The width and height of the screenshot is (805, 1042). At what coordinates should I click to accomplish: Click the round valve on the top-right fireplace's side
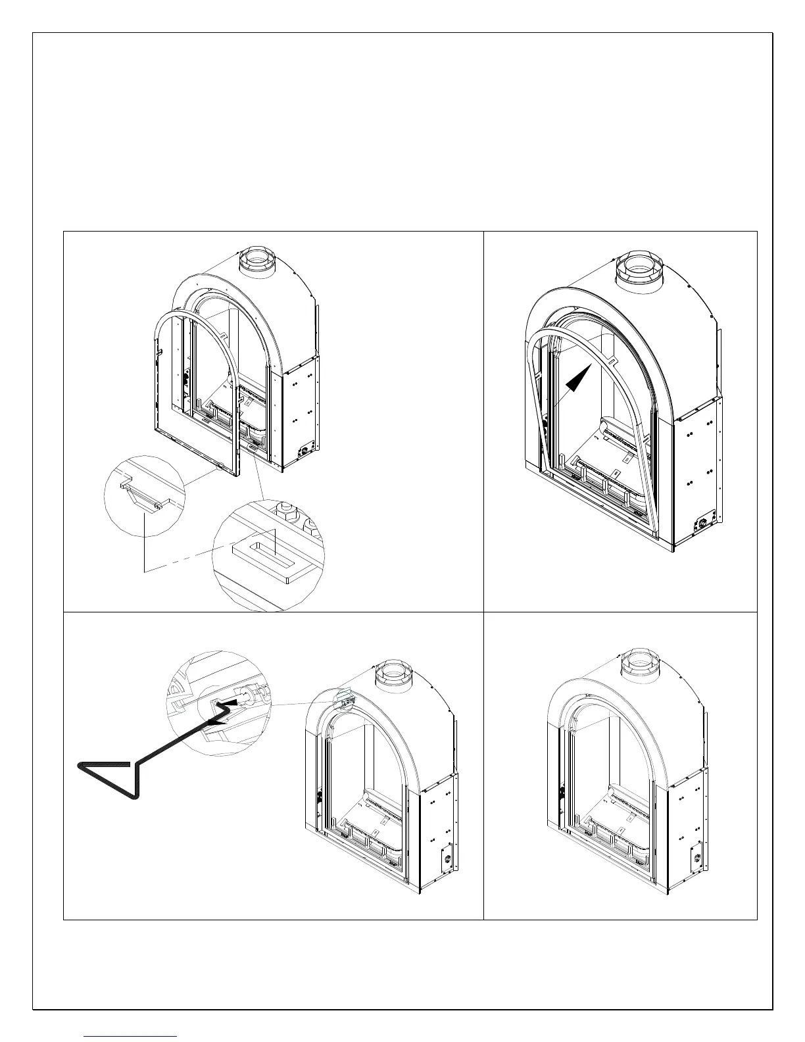[702, 524]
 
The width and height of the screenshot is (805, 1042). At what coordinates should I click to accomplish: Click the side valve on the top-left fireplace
[305, 451]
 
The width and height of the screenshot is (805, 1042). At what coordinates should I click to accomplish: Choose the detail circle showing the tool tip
[219, 703]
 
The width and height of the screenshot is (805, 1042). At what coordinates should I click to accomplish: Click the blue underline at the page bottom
[131, 1036]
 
